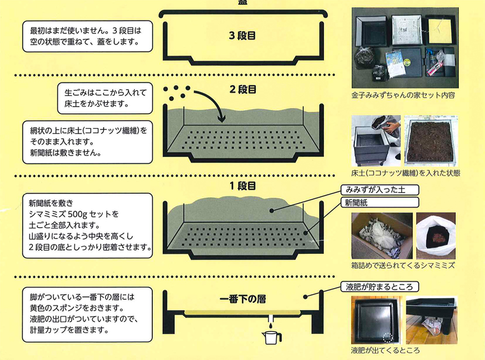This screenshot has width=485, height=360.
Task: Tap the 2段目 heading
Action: (242, 89)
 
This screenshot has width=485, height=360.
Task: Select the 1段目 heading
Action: (242, 186)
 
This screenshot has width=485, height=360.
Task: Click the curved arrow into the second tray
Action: (211, 106)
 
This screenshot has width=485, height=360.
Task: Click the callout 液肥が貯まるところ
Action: (380, 286)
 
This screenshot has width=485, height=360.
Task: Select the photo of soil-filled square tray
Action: (432, 140)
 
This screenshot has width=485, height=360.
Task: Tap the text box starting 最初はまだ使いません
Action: (88, 36)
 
